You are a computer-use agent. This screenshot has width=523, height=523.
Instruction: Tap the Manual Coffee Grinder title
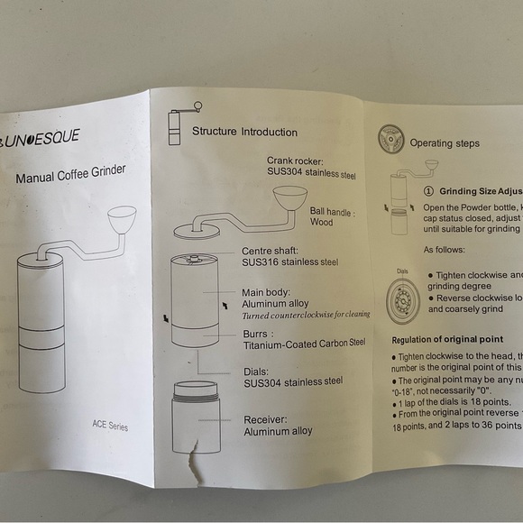[70, 174]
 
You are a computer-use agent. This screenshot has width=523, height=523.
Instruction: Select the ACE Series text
[109, 424]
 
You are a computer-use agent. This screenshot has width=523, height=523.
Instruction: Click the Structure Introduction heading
[243, 132]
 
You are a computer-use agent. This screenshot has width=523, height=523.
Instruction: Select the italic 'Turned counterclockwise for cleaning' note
[305, 316]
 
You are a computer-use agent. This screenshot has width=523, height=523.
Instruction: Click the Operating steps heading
[444, 142]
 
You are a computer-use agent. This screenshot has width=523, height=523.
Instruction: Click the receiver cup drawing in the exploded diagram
[196, 416]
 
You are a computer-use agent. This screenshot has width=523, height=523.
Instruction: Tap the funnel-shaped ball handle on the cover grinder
[122, 218]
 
